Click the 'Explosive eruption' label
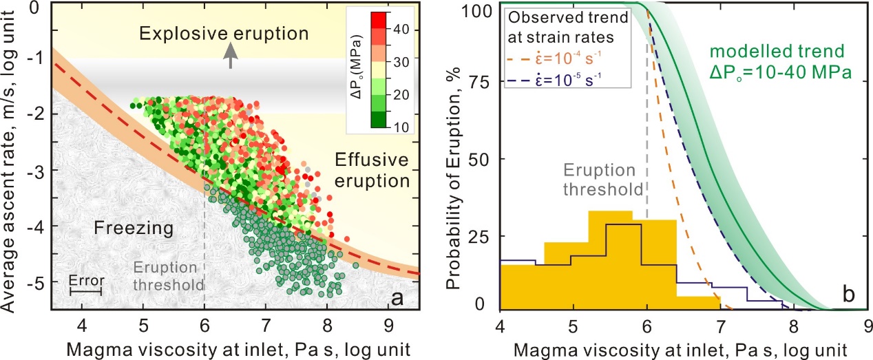tap(224, 34)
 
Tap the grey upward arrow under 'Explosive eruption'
tap(231, 55)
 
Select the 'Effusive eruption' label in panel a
tap(372, 171)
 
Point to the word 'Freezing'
tap(134, 228)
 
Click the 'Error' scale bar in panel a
tap(86, 292)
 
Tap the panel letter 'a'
tap(397, 299)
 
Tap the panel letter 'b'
tap(849, 295)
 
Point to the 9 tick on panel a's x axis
tap(388, 326)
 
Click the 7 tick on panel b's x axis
tap(720, 326)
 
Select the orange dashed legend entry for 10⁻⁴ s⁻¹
tap(554, 59)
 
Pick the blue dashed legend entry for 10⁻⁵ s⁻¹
tap(554, 81)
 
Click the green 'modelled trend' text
tap(777, 52)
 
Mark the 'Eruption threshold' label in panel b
tap(603, 180)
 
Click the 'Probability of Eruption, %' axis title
tap(452, 178)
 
